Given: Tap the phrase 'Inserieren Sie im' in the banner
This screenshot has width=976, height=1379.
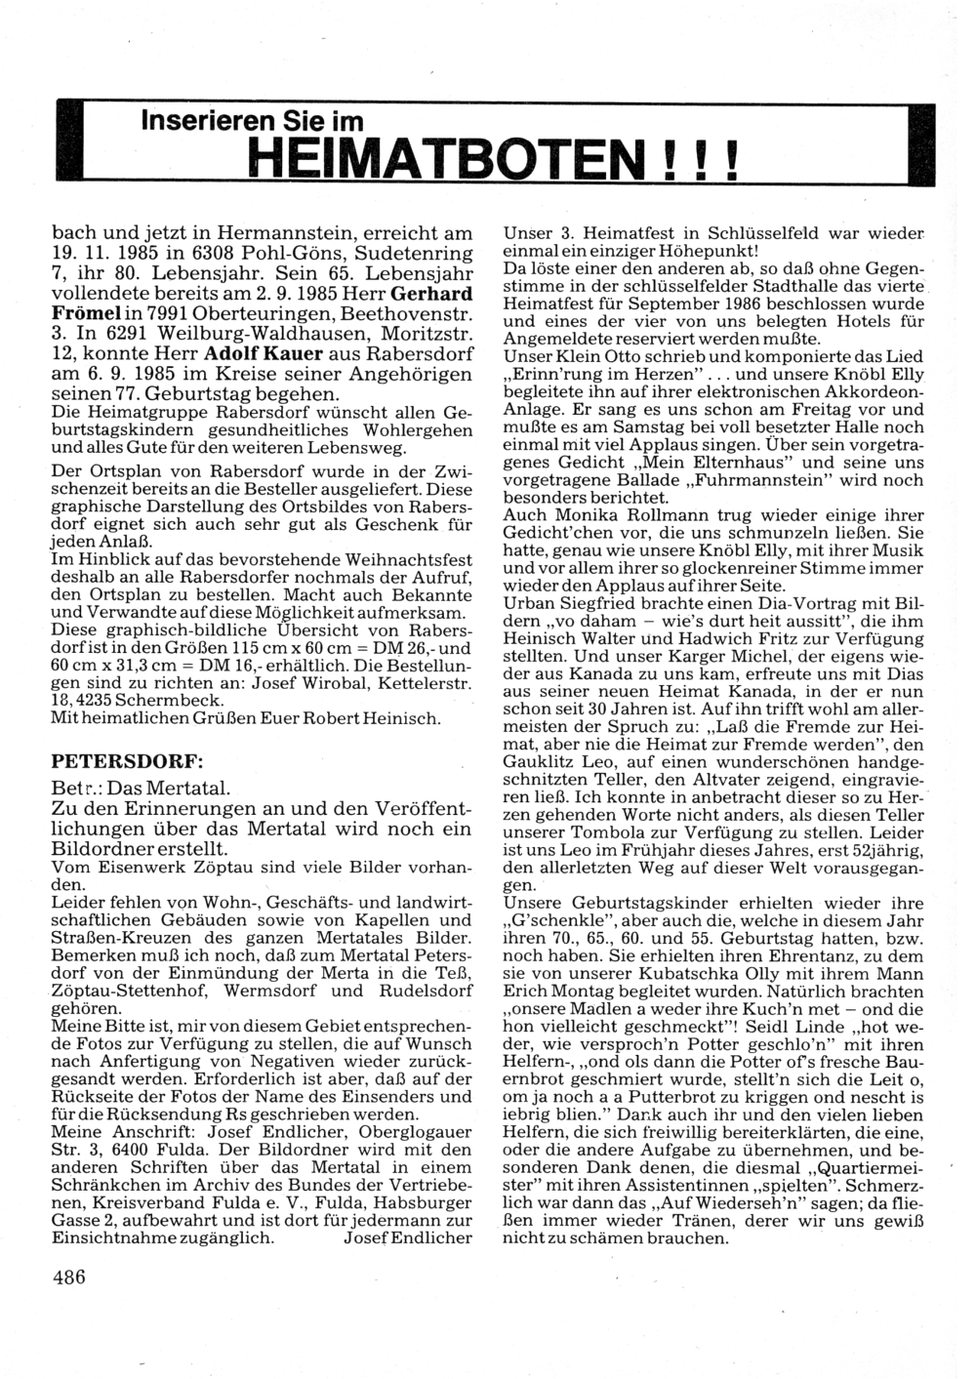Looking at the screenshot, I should (252, 121).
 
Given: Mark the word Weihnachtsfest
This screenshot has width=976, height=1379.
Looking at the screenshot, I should (409, 559).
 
